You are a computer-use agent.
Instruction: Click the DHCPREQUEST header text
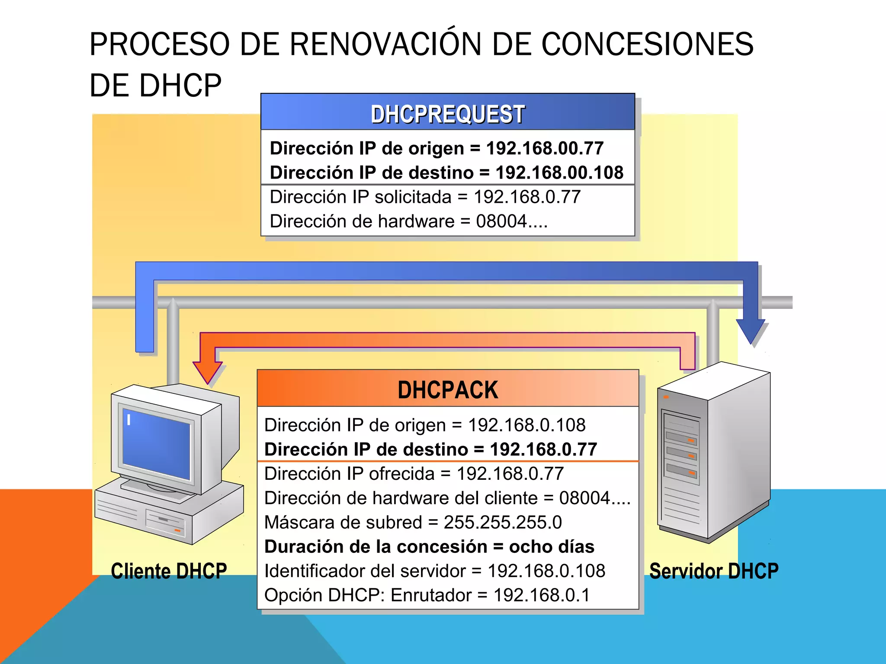click(448, 115)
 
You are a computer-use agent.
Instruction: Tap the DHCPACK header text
click(448, 390)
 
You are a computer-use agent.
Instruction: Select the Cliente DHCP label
click(169, 571)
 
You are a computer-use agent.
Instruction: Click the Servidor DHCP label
click(714, 571)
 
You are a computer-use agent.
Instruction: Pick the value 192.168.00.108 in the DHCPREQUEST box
click(559, 173)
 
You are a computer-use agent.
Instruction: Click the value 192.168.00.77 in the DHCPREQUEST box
click(545, 149)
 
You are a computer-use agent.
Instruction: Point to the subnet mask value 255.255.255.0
click(503, 523)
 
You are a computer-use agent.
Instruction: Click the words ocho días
click(552, 547)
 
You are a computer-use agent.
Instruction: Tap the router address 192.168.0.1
click(542, 595)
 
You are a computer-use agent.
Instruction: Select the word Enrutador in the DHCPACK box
click(431, 595)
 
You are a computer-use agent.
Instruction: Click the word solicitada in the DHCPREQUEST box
click(413, 197)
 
